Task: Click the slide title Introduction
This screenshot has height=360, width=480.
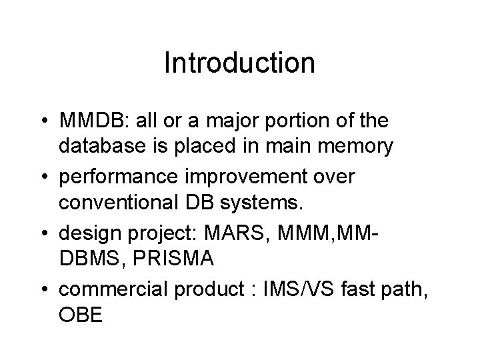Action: point(239,63)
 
